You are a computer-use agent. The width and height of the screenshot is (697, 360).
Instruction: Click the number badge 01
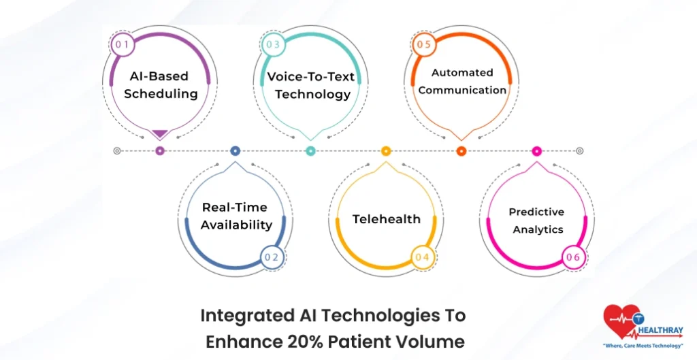click(122, 45)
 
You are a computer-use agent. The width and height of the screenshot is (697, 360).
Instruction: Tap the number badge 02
click(272, 257)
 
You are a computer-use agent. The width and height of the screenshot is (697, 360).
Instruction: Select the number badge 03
click(272, 45)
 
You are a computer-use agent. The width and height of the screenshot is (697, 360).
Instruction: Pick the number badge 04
click(422, 257)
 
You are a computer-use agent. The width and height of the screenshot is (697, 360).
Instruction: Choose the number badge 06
click(573, 257)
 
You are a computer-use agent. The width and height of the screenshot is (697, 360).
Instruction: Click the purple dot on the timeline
click(160, 151)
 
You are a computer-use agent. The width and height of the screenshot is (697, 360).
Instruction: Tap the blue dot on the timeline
click(236, 151)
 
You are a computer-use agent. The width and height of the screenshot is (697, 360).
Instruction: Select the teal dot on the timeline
click(311, 151)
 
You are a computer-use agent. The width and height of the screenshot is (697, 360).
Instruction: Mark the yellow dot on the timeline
click(386, 151)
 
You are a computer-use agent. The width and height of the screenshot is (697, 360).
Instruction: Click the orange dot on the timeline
click(461, 151)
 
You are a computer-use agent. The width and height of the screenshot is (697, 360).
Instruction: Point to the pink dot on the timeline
click(536, 151)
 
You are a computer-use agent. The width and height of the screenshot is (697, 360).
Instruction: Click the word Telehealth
click(386, 219)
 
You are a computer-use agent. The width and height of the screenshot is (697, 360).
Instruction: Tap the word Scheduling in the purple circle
click(161, 95)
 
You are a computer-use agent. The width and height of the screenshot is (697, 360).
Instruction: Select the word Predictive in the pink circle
click(536, 212)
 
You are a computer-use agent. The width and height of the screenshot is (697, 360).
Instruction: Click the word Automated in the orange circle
click(462, 72)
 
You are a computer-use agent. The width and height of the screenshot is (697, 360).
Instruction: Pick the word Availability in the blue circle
click(236, 225)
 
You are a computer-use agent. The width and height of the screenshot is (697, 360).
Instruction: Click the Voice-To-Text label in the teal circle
click(311, 77)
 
